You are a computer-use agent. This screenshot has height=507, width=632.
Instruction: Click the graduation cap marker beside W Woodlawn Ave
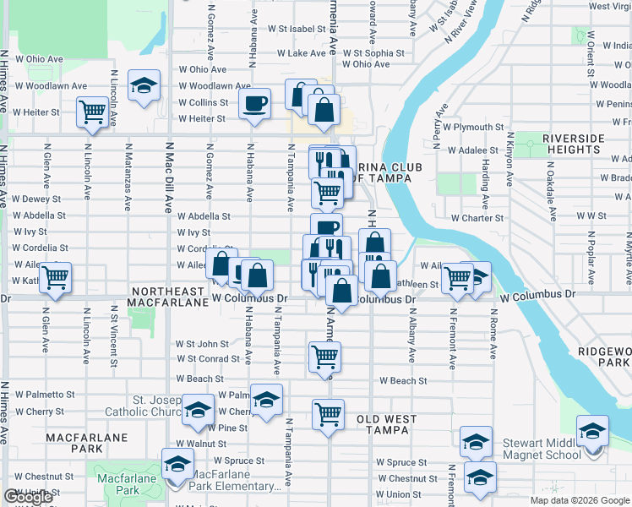pyautogui.click(x=144, y=84)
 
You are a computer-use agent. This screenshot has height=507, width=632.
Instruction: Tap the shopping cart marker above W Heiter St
pyautogui.click(x=92, y=111)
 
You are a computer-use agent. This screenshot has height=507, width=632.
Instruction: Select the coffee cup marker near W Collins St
pyautogui.click(x=254, y=103)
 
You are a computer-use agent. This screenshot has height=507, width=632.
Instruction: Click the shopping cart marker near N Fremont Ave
pyautogui.click(x=457, y=276)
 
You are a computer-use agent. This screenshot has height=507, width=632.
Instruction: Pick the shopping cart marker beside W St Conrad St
pyautogui.click(x=325, y=357)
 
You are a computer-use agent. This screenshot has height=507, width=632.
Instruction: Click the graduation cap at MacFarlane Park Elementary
pyautogui.click(x=177, y=464)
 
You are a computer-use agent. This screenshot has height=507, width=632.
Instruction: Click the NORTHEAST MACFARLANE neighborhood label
pyautogui.click(x=170, y=296)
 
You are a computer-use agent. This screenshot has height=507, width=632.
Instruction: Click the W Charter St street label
pyautogui.click(x=477, y=218)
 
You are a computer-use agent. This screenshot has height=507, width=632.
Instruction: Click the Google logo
pyautogui.click(x=28, y=497)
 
